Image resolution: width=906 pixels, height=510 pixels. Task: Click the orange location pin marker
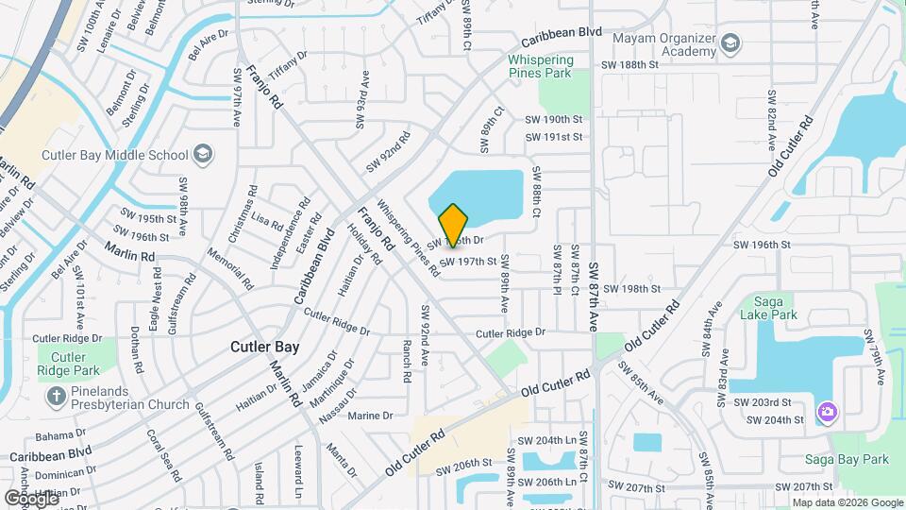[x=453, y=225]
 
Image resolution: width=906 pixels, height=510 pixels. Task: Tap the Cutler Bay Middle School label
[x=116, y=155]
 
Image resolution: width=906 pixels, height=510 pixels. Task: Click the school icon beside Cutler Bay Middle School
[x=202, y=154]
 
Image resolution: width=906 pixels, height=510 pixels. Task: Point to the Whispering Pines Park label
[x=553, y=66]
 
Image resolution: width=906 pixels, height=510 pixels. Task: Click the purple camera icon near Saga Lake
[x=828, y=412]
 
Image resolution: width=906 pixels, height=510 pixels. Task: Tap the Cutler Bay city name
[x=264, y=348]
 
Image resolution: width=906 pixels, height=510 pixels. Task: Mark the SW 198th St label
[x=631, y=289]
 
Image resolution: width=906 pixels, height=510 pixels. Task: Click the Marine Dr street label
[x=370, y=416]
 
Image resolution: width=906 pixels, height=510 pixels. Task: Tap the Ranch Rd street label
[x=407, y=361]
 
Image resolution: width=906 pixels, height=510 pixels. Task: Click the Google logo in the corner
[x=30, y=498]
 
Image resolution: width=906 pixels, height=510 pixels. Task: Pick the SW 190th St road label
[x=556, y=119]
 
